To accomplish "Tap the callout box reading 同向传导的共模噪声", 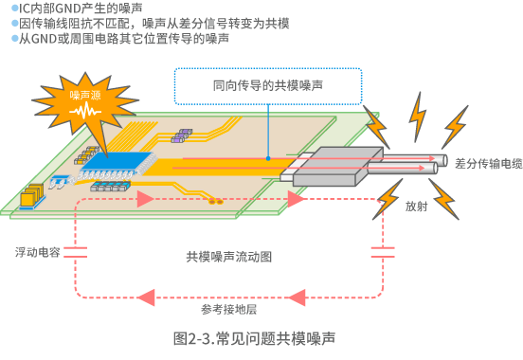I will pos(268,85).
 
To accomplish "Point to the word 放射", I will pos(415,205).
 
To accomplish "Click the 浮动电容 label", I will pos(37,253).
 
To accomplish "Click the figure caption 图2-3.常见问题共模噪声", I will pos(254,337).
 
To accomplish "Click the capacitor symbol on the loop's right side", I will pos(382,252).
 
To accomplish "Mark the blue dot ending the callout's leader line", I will pos(269,157).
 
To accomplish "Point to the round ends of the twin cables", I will pos(433,164).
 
